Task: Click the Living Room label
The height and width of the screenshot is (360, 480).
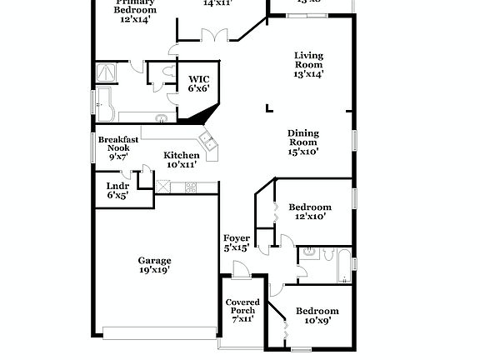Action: click(x=308, y=65)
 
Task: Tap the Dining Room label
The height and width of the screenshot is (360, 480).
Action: click(x=302, y=142)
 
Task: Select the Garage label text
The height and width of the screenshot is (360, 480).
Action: click(x=155, y=265)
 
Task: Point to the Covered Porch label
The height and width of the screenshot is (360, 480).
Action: click(x=242, y=310)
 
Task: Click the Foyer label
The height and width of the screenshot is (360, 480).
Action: click(x=237, y=242)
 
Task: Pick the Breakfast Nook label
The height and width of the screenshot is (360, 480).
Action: click(x=117, y=147)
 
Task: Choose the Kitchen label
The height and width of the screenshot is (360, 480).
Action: click(x=181, y=160)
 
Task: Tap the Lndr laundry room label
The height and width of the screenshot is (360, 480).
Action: click(x=117, y=190)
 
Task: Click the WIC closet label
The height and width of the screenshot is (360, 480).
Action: click(x=197, y=83)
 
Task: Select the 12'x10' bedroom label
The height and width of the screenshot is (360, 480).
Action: click(x=309, y=211)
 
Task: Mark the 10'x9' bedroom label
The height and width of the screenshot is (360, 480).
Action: click(x=317, y=315)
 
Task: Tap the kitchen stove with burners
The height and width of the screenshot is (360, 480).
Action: click(x=190, y=187)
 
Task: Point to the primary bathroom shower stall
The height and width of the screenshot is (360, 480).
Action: click(x=107, y=72)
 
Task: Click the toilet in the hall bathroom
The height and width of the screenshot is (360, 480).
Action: click(x=306, y=254)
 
